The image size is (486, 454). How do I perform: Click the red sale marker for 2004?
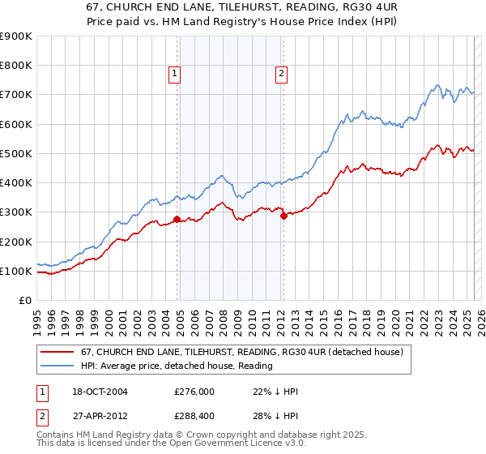point(177,219)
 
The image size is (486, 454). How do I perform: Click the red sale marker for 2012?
point(283,216)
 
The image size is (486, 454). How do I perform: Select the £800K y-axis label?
point(15,66)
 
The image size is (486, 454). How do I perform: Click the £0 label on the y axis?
point(24,300)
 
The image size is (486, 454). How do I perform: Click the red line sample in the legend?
point(57,353)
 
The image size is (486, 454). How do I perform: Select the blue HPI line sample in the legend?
point(57,366)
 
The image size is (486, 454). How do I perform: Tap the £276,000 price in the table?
point(193,392)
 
